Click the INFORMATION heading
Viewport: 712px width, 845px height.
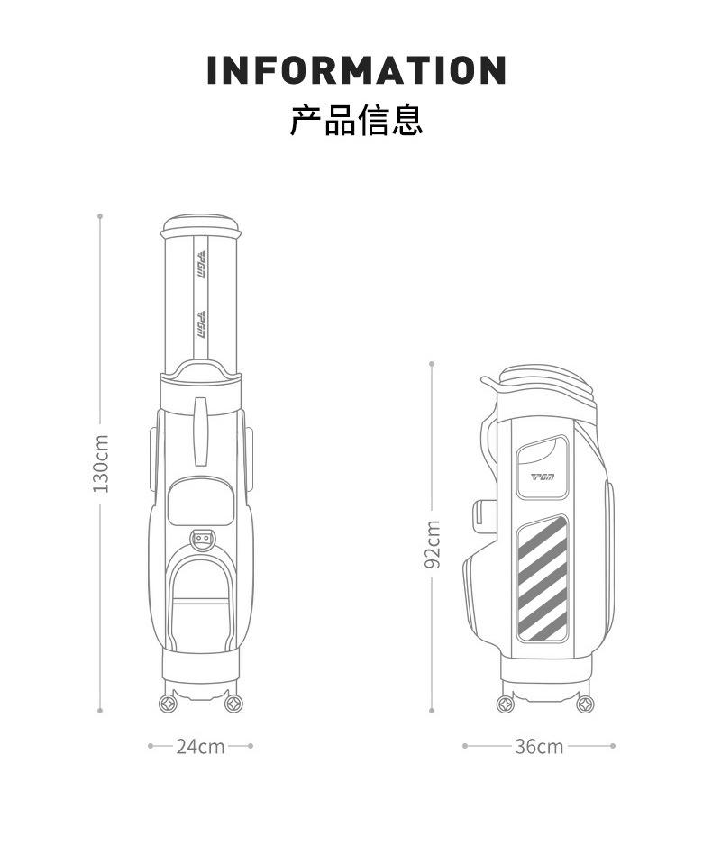pyautogui.click(x=356, y=70)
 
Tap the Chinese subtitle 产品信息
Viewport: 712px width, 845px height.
pyautogui.click(x=356, y=120)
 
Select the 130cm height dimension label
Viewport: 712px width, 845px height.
pyautogui.click(x=101, y=463)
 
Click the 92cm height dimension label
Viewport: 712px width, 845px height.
pyautogui.click(x=433, y=544)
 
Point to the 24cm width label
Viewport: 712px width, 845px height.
pyautogui.click(x=200, y=746)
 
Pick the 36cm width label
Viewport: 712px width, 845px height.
pyautogui.click(x=539, y=746)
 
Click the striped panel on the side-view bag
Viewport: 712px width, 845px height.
pyautogui.click(x=542, y=577)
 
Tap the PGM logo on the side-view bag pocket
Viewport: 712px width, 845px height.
pyautogui.click(x=543, y=477)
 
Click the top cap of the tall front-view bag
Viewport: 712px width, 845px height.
pyautogui.click(x=201, y=224)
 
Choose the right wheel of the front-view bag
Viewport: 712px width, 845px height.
pyautogui.click(x=234, y=701)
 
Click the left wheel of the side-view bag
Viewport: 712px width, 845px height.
pyautogui.click(x=507, y=702)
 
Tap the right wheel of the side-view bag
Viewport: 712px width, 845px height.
pyautogui.click(x=585, y=702)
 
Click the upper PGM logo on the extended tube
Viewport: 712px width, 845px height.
pyautogui.click(x=201, y=265)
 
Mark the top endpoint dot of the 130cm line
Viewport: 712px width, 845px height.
pyautogui.click(x=100, y=216)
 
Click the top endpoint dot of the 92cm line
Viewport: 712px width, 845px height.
pyautogui.click(x=432, y=364)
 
